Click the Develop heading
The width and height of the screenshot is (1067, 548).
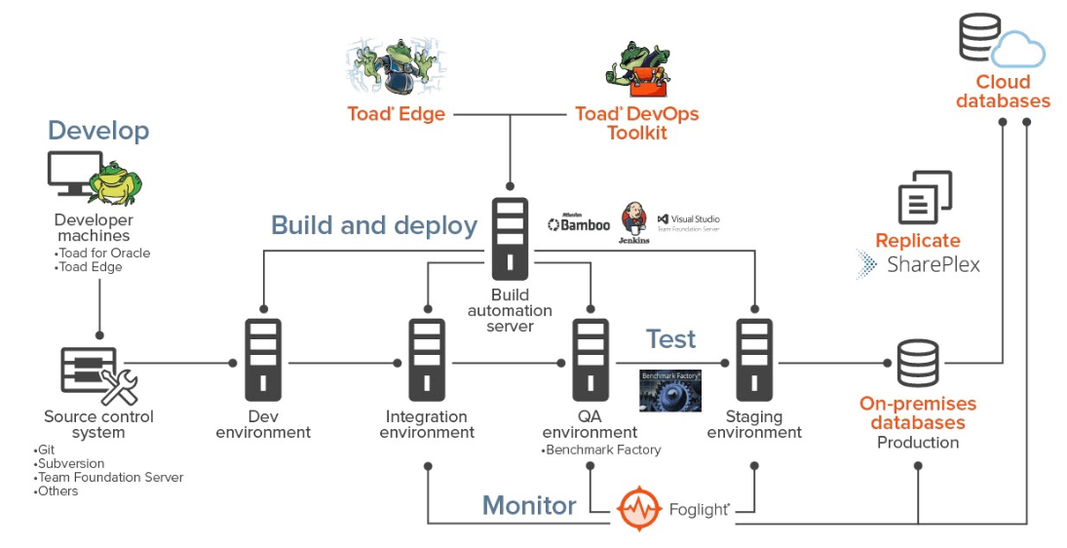[x=98, y=131]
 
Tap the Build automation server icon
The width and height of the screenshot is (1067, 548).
[x=510, y=240]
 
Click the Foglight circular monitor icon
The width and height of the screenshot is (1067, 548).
[x=638, y=508]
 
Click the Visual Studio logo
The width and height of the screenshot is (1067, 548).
[x=689, y=221]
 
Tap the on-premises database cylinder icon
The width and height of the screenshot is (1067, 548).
[x=918, y=363]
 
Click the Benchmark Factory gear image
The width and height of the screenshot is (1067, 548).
[x=669, y=391]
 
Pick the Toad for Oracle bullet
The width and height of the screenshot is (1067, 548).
[x=104, y=254]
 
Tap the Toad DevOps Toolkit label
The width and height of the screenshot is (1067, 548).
[x=636, y=124]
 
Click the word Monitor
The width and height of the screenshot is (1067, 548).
[x=529, y=505]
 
